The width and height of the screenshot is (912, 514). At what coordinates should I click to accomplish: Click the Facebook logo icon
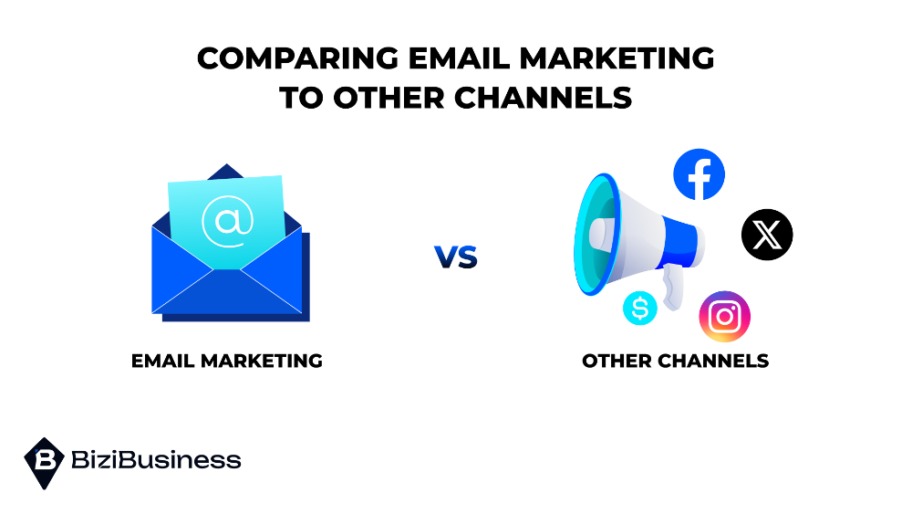(699, 174)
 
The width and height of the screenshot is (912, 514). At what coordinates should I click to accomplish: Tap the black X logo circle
(767, 235)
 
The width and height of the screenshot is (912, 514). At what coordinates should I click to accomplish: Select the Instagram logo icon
(724, 317)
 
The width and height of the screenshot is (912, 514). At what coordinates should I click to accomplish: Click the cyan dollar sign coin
(640, 309)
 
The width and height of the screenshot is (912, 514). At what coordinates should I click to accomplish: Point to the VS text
(456, 257)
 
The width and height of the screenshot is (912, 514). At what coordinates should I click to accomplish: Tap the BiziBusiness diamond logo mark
(43, 462)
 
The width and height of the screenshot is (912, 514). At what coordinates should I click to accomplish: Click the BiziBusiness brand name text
(155, 460)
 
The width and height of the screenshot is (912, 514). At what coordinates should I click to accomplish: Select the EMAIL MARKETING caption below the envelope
(227, 361)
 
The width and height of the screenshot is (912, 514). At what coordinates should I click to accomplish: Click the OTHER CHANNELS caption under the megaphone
(675, 361)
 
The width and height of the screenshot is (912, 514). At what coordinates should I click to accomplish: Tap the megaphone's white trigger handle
(673, 290)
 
